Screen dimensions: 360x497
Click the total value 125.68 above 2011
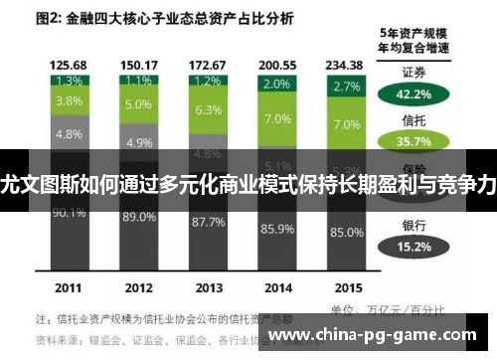69,64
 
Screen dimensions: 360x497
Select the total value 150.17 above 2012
139,64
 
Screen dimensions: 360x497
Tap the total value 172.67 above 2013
207,64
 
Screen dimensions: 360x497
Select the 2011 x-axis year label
69,287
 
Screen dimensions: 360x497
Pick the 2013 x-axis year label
207,287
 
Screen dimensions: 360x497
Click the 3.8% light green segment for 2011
69,100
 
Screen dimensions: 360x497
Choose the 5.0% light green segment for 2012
139,103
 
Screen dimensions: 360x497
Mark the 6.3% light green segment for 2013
207,110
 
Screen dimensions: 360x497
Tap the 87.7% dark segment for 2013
207,221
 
